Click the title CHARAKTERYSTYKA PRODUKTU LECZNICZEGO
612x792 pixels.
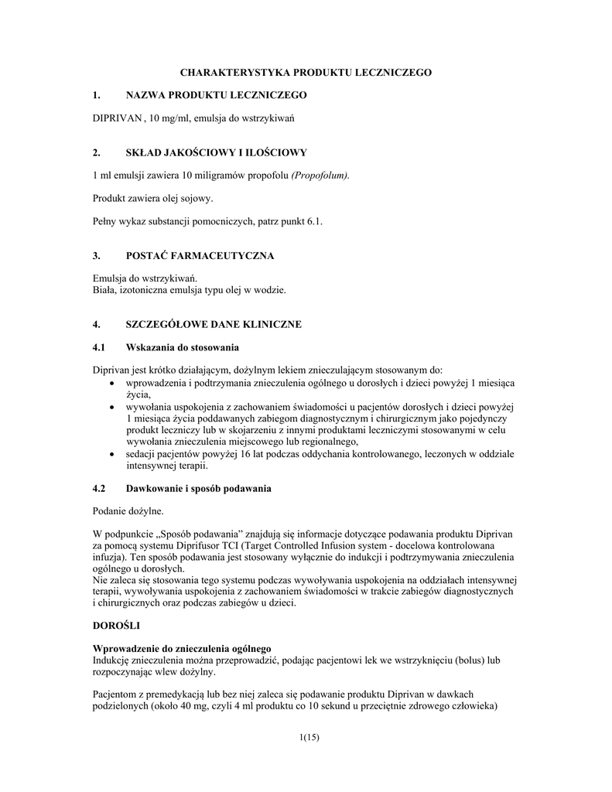pyautogui.click(x=306, y=72)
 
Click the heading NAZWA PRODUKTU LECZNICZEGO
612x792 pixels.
pyautogui.click(x=216, y=95)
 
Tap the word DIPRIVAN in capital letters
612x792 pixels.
pyautogui.click(x=118, y=118)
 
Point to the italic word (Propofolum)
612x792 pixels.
pyautogui.click(x=320, y=176)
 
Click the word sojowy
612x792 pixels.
pyautogui.click(x=195, y=199)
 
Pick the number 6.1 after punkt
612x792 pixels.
pyautogui.click(x=314, y=222)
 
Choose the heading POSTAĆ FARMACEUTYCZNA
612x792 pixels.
pyautogui.click(x=200, y=256)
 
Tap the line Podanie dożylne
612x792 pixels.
pyautogui.click(x=128, y=511)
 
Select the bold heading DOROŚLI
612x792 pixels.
pyautogui.click(x=116, y=624)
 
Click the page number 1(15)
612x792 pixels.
pyautogui.click(x=308, y=737)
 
